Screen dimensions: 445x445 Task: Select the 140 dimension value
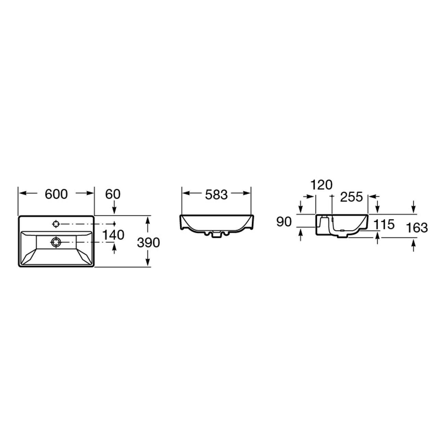(x=113, y=235)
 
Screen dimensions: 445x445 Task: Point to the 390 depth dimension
(x=148, y=243)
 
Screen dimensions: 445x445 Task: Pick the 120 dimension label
(x=321, y=185)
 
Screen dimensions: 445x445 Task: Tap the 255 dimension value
(x=352, y=197)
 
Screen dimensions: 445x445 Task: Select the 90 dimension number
(x=284, y=222)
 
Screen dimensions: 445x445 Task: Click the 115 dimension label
(x=384, y=225)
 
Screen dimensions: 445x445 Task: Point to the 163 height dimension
(x=417, y=228)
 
